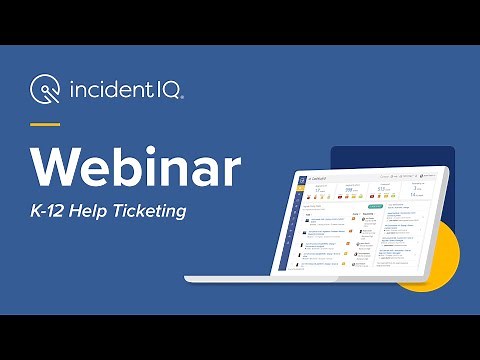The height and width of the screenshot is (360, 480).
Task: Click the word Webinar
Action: (136, 168)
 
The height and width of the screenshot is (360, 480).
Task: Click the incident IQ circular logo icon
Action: (46, 92)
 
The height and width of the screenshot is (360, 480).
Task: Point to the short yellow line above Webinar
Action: (46, 124)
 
